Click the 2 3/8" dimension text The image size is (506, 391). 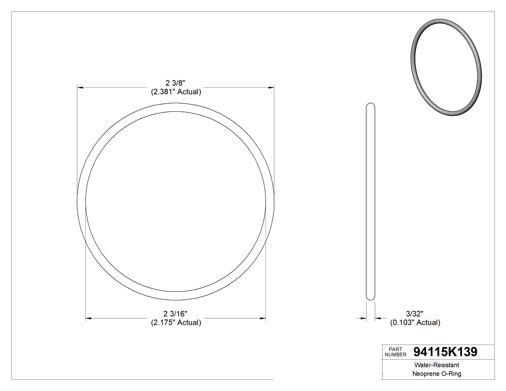pos(175,82)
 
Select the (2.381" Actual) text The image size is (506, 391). pos(175,92)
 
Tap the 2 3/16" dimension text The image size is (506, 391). pos(175,313)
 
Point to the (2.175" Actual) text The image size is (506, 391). pos(175,323)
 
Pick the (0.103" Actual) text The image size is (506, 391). pos(415,323)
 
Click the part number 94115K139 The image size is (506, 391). pos(445,352)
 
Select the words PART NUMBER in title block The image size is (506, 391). pos(396,351)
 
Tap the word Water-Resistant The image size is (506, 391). pos(432,365)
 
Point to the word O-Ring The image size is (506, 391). pos(451,374)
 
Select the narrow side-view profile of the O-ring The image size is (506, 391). pos(371,202)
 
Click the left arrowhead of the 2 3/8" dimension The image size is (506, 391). pos(80,88)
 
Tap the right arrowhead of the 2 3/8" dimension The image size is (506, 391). pos(271,88)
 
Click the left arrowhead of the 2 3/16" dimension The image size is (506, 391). pos(89,318)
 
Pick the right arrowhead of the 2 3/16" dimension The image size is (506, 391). pos(263,318)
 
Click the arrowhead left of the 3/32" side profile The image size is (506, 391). pos(363,318)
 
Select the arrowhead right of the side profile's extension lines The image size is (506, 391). pos(378,318)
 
